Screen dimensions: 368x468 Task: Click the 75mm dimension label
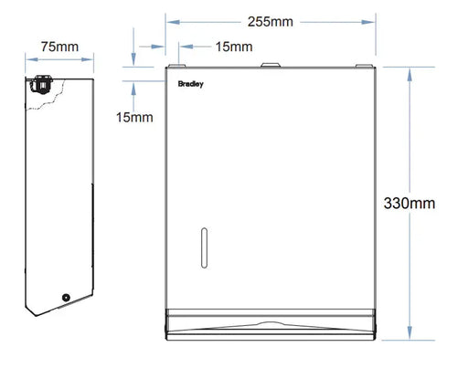[58, 46]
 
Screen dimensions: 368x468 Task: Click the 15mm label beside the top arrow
[209, 47]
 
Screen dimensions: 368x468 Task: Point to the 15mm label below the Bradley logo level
[134, 116]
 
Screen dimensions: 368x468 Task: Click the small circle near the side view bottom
[65, 299]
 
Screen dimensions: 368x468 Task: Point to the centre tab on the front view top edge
[271, 66]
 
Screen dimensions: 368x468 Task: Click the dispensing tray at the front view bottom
[271, 324]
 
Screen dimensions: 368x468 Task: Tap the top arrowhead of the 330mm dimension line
[410, 69]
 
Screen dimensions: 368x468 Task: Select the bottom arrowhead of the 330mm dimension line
[410, 336]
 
